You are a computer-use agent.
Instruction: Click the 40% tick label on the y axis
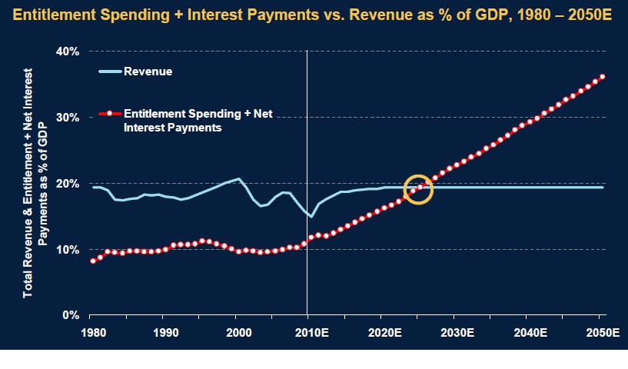point(68,51)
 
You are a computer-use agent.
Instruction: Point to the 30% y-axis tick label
point(68,117)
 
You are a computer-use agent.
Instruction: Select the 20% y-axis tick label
point(68,184)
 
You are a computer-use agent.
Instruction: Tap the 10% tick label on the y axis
point(68,250)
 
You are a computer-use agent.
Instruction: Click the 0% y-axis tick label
point(71,316)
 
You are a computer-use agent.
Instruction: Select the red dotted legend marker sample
point(110,115)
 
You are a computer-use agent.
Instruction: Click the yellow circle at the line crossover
point(419,188)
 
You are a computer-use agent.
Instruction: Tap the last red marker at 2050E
point(603,76)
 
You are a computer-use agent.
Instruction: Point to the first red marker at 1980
point(93,261)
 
